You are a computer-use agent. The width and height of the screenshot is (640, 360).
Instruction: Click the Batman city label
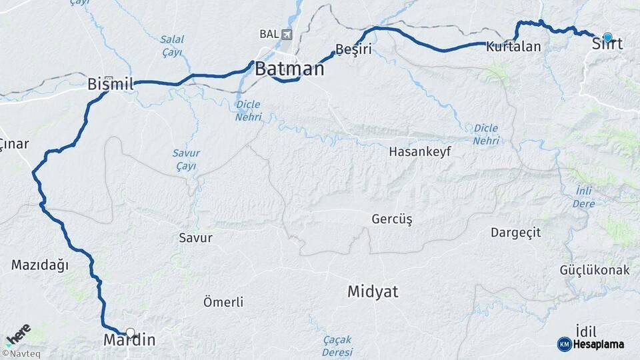point(289,69)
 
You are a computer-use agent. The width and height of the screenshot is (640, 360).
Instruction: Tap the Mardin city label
point(129,341)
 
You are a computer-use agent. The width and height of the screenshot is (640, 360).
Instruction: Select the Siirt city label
point(607,45)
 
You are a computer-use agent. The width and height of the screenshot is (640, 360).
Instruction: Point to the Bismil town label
point(111,85)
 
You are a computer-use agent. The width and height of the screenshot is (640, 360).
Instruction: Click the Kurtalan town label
point(513,47)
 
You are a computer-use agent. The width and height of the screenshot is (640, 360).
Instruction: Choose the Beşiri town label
point(353,49)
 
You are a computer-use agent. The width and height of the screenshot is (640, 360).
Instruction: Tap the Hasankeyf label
point(420,151)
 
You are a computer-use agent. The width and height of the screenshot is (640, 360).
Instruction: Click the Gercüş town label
point(392,219)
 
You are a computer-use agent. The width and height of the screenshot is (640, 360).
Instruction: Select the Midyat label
point(373,291)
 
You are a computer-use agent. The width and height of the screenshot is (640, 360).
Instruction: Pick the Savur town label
point(195,237)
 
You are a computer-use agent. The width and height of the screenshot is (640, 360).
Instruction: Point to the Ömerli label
point(223,302)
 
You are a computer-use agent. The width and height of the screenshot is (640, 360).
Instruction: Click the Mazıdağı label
point(40,265)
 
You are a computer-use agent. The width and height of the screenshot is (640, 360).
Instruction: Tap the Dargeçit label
point(515,233)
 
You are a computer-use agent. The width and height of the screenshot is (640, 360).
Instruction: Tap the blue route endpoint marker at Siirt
point(607,37)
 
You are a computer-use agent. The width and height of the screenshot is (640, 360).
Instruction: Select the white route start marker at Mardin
point(130,332)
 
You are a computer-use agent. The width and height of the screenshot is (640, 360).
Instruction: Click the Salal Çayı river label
point(172,45)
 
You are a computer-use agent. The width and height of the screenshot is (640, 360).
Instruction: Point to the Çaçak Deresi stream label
point(337,345)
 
